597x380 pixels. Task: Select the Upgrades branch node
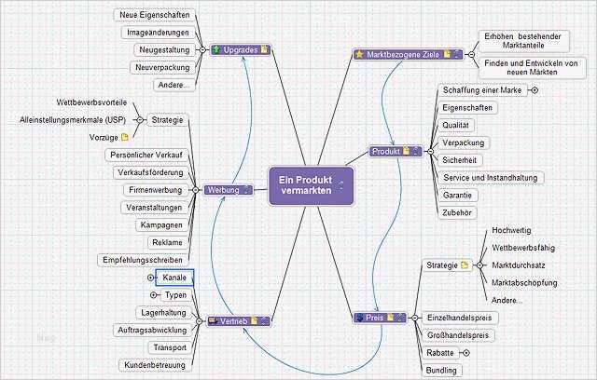[240, 48]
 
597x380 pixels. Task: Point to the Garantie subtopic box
[459, 196]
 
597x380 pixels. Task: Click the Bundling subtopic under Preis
[441, 370]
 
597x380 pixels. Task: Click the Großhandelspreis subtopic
[460, 335]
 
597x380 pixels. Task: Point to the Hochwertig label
[510, 229]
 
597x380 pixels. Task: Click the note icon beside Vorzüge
[124, 138]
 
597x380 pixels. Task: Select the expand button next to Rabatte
[465, 353]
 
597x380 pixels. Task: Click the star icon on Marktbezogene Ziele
[360, 55]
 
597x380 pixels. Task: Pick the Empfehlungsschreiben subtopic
[143, 259]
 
